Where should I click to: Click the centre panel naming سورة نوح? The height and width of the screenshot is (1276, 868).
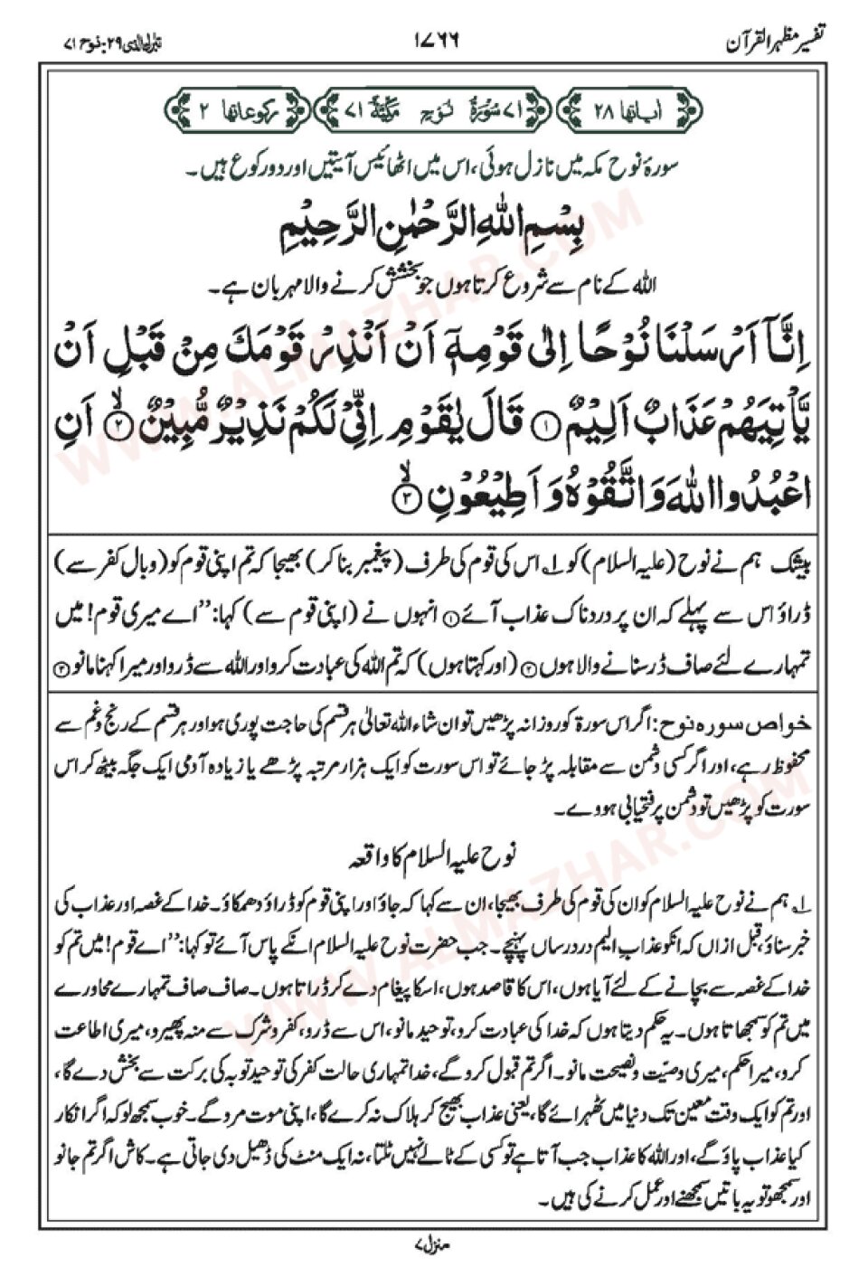(x=435, y=110)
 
